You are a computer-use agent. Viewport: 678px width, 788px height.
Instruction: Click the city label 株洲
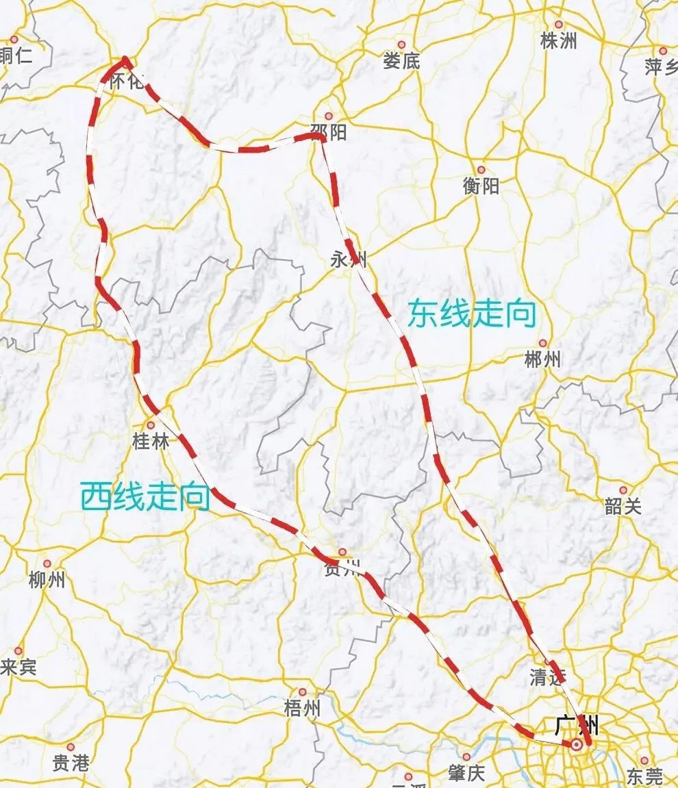(x=558, y=41)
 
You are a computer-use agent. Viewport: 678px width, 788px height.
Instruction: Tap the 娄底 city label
(x=401, y=61)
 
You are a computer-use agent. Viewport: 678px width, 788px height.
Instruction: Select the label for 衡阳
(x=481, y=186)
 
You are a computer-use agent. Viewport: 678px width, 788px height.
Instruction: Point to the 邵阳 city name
(x=328, y=131)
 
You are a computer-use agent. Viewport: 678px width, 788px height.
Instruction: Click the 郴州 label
(x=542, y=359)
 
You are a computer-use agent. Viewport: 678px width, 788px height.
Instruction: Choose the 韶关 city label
(x=623, y=506)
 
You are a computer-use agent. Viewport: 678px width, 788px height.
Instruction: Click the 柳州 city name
(x=47, y=580)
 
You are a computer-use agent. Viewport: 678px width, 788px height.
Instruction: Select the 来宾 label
(x=18, y=667)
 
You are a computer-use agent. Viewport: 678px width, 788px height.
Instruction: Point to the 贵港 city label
(x=71, y=763)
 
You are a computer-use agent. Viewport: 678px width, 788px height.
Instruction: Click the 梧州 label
(x=302, y=708)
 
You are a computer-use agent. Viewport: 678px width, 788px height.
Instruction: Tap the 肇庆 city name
(x=467, y=773)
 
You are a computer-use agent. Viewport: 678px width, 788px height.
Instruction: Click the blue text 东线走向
(x=471, y=315)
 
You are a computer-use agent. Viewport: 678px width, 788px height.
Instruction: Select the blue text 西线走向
(x=145, y=496)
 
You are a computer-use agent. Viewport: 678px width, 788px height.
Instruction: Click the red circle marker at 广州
(x=577, y=744)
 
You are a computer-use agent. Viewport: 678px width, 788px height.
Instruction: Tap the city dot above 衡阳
(x=481, y=169)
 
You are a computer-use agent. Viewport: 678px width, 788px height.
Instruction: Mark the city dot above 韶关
(x=623, y=490)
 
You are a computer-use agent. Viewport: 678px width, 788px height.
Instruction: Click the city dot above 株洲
(x=558, y=25)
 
